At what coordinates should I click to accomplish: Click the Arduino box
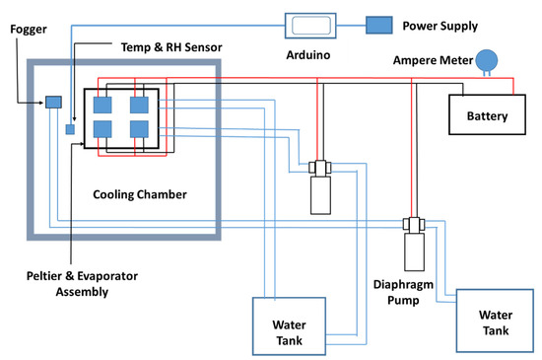(x=310, y=26)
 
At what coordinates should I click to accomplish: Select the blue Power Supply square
(x=378, y=26)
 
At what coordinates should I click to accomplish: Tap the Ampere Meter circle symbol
(x=487, y=61)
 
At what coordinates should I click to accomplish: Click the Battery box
(x=487, y=114)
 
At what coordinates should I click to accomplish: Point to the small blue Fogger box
(x=53, y=102)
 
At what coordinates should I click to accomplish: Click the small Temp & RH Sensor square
(x=70, y=129)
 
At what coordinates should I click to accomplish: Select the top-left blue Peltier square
(x=102, y=106)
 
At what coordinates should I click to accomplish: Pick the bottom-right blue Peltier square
(x=139, y=129)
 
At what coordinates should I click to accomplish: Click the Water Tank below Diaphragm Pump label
(x=495, y=321)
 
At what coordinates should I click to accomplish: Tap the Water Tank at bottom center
(x=289, y=326)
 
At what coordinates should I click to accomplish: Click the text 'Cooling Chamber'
(x=140, y=194)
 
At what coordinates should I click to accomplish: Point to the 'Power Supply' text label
(x=440, y=26)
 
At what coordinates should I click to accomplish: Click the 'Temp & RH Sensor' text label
(x=171, y=47)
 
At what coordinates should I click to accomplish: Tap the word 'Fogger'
(x=29, y=30)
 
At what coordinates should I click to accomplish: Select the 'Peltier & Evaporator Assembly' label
(x=82, y=284)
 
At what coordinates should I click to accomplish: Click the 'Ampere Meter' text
(x=433, y=60)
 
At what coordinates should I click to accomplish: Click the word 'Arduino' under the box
(x=308, y=55)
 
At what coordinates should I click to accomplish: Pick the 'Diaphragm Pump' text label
(x=403, y=292)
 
